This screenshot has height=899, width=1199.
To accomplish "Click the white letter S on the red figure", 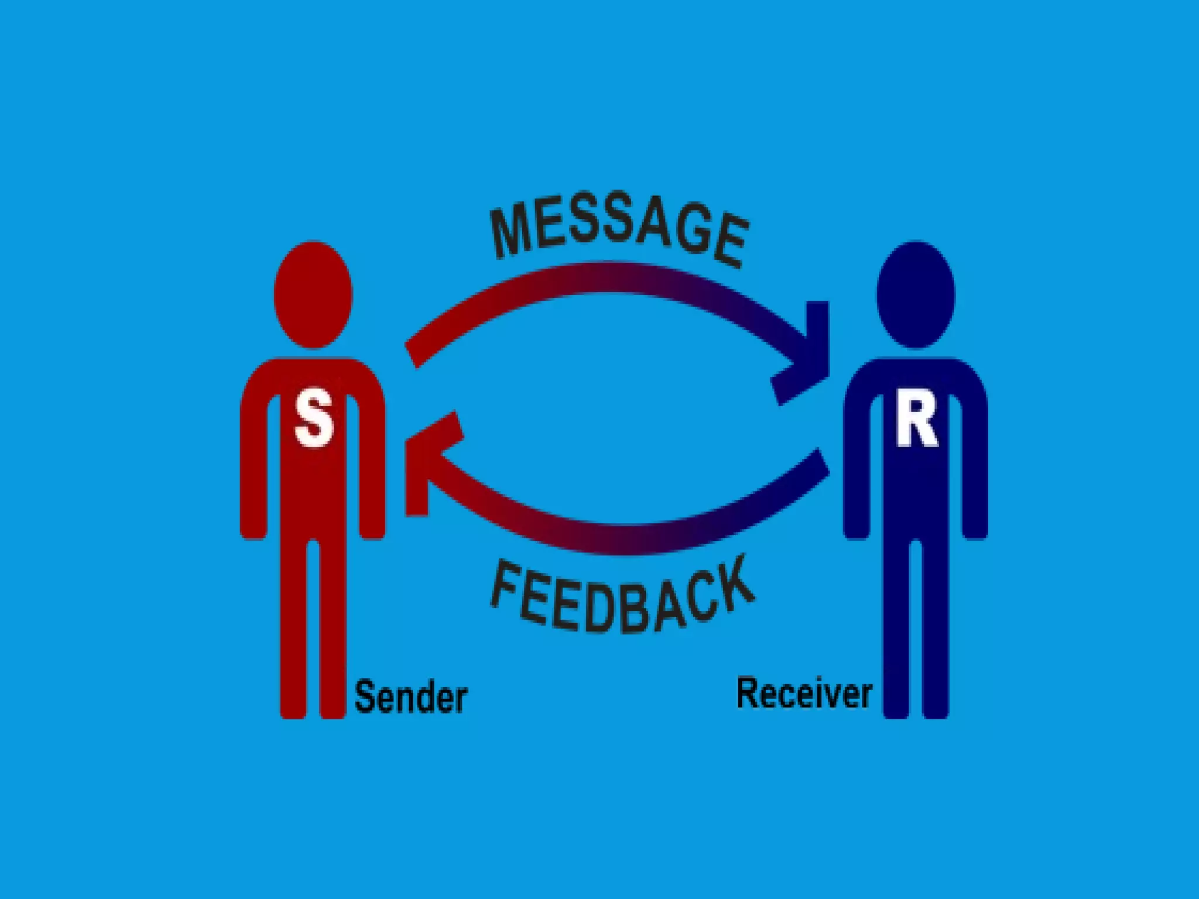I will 314,419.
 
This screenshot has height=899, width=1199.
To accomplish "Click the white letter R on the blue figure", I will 916,419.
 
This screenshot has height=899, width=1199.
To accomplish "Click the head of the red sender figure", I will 313,294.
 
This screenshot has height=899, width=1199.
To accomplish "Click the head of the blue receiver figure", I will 916,294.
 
